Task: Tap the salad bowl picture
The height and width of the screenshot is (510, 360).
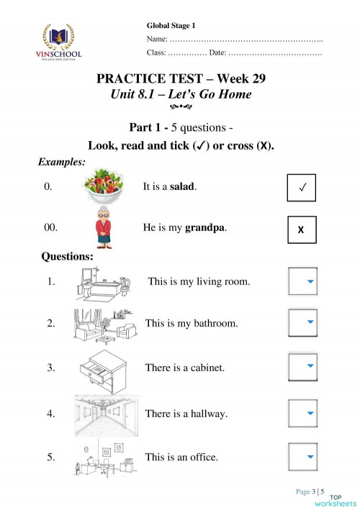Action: (107, 187)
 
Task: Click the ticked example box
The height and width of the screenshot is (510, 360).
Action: (302, 188)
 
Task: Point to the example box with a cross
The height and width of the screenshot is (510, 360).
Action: (302, 229)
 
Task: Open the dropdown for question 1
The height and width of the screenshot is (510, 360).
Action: (302, 282)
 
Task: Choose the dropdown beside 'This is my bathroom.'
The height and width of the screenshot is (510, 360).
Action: (302, 324)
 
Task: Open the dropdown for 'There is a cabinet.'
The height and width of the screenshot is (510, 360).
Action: (302, 368)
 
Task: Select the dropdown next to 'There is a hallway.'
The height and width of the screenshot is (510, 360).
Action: (302, 414)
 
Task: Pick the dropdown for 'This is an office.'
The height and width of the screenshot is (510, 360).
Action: (302, 457)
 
